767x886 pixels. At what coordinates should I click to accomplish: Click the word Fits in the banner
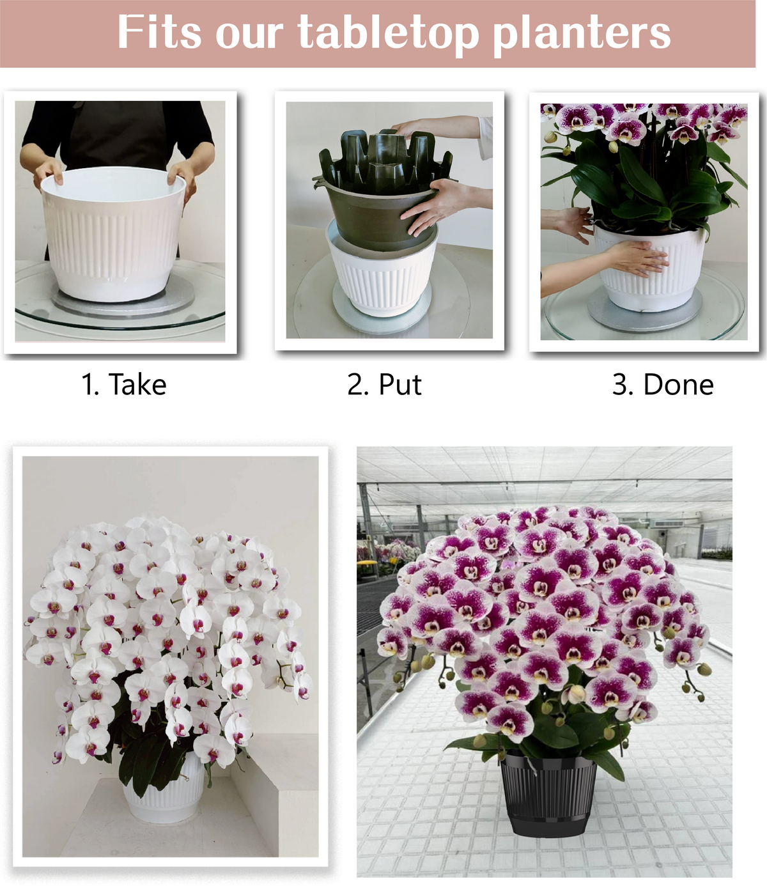point(159,32)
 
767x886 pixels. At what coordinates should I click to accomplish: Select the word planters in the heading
point(582,35)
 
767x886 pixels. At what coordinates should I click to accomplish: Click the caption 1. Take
point(124,384)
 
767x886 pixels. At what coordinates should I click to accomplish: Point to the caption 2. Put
point(384,384)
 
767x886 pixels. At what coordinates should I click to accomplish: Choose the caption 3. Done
point(663,384)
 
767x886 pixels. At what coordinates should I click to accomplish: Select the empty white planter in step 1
point(113,233)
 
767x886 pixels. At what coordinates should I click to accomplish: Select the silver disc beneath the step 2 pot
point(382,311)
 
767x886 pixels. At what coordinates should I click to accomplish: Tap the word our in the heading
point(249,36)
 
